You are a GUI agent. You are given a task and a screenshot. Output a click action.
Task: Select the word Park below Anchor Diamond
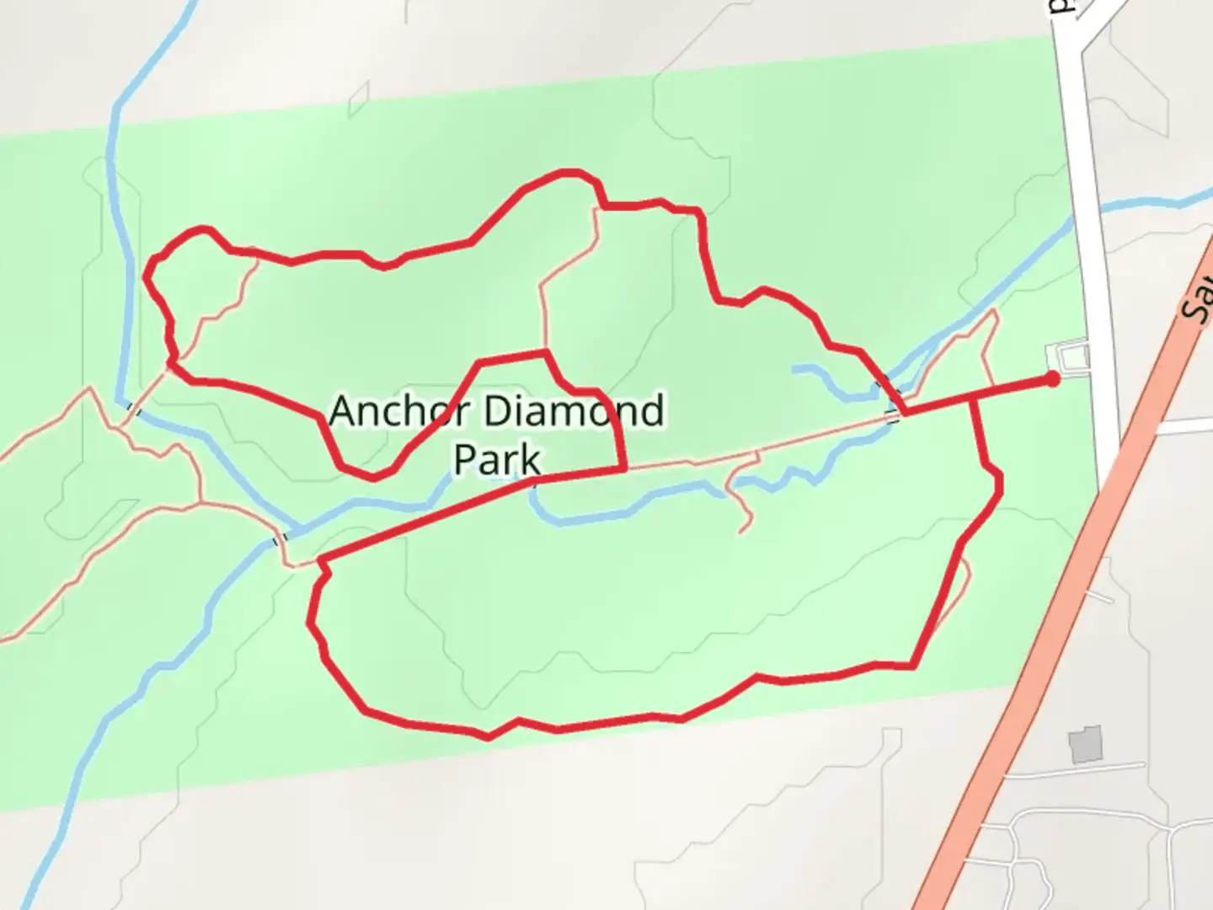pyautogui.click(x=497, y=460)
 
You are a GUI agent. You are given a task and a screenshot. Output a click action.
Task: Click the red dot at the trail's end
pyautogui.click(x=1052, y=379)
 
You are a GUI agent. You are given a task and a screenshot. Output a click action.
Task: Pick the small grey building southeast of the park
pyautogui.click(x=1086, y=744)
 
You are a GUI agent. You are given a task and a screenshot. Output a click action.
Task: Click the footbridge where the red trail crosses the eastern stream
pyautogui.click(x=893, y=415)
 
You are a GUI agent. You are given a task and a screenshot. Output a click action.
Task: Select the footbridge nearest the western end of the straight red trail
pyautogui.click(x=281, y=538)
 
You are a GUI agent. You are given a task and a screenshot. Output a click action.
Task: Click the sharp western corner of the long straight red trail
pyautogui.click(x=320, y=559)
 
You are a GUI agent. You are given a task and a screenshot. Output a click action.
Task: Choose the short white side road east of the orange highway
pyautogui.click(x=1184, y=427)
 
